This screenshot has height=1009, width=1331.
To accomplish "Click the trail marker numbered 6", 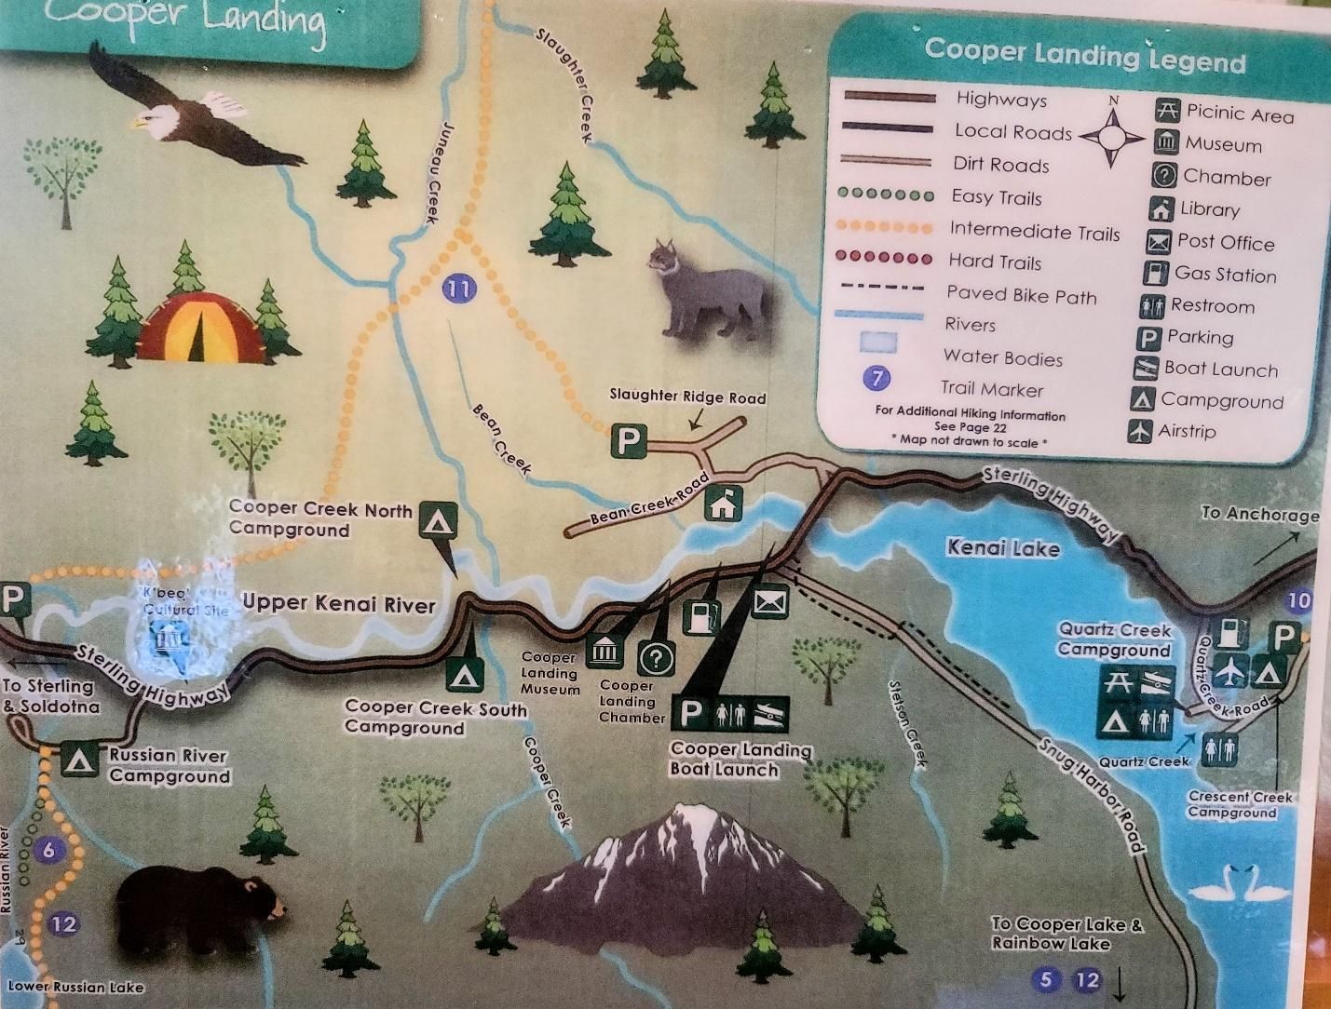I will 49,850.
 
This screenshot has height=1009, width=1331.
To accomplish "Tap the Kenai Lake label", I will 1003,547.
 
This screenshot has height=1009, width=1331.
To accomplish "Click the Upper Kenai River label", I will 339,603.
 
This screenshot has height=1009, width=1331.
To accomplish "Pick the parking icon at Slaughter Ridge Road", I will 629,440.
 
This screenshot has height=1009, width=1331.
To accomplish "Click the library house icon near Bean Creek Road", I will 722,504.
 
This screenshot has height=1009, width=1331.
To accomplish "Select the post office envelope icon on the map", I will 770,603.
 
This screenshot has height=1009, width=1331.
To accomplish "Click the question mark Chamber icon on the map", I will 656,658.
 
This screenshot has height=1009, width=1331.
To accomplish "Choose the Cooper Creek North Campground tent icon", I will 438,520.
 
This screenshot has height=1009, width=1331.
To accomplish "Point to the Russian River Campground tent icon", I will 80,760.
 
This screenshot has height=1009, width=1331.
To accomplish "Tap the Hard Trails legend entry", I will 995,262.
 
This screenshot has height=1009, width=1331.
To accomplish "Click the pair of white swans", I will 1243,883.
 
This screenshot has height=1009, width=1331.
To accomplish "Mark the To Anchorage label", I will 1259,514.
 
